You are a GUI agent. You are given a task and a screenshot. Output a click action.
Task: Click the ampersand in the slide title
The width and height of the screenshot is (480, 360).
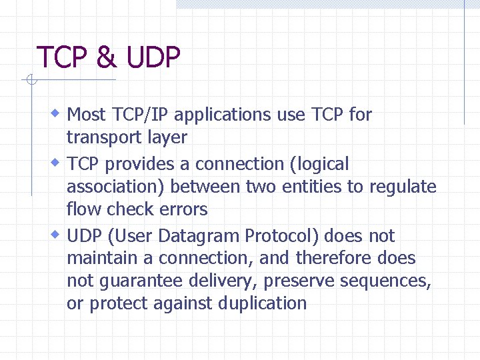[106, 57]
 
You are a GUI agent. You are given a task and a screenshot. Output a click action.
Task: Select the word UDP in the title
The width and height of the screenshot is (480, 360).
[153, 57]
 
